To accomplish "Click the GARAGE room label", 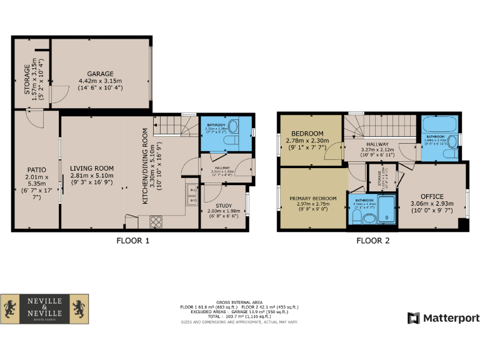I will pyautogui.click(x=100, y=73).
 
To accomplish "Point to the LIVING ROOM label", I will pyautogui.click(x=91, y=168).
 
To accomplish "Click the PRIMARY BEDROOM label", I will pyautogui.click(x=313, y=199).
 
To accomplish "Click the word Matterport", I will pyautogui.click(x=451, y=318).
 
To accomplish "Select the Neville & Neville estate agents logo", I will pyautogui.click(x=44, y=309).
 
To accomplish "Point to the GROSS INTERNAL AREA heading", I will pyautogui.click(x=239, y=301).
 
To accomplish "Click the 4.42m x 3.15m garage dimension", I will pyautogui.click(x=100, y=81).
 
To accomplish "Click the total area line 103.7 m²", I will pyautogui.click(x=239, y=317).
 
